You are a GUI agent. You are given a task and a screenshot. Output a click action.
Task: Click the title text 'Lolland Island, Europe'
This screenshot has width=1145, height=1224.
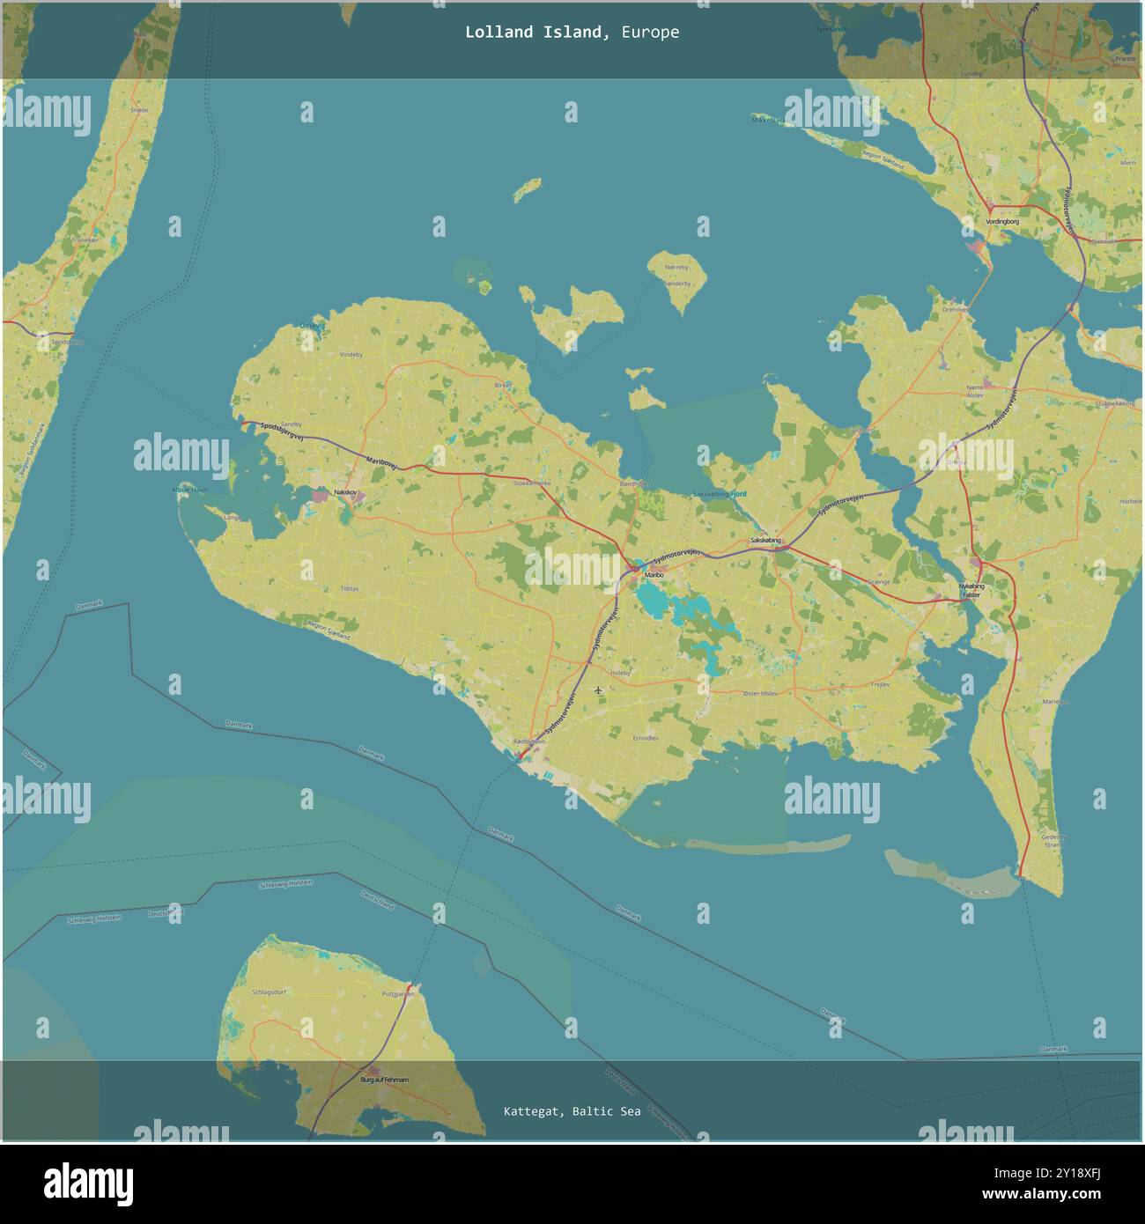click(572, 33)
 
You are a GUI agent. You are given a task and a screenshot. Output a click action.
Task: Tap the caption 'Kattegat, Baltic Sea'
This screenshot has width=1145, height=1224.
click(572, 1111)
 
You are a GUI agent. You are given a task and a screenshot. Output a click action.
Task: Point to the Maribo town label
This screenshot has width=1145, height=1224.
click(654, 575)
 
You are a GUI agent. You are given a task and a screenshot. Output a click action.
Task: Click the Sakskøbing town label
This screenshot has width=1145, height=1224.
click(765, 541)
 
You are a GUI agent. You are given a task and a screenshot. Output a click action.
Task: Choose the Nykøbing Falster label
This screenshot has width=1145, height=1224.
click(971, 590)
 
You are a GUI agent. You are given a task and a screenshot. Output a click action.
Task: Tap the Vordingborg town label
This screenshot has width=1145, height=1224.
click(1002, 222)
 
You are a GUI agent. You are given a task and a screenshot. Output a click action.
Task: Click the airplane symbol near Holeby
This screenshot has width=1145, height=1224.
click(599, 689)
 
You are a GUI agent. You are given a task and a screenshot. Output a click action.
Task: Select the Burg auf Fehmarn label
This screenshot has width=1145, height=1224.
click(385, 1079)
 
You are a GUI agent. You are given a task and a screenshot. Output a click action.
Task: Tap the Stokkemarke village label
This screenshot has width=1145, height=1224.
click(531, 483)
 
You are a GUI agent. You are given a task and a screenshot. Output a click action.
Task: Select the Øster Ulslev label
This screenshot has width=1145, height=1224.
click(760, 693)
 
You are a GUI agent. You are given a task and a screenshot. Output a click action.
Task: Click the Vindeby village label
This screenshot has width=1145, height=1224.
click(351, 354)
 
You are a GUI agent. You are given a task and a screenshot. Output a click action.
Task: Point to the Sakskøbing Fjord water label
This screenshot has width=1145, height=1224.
click(719, 494)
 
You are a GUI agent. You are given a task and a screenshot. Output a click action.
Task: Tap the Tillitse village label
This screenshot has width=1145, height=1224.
click(350, 588)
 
